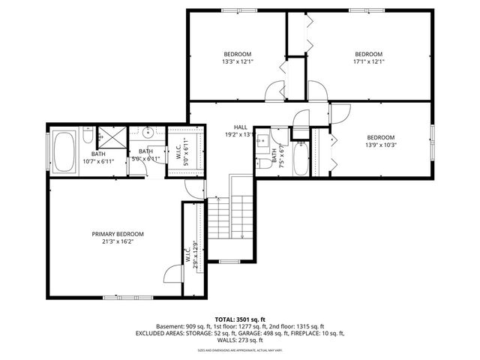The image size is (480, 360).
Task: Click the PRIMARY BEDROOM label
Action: [x=118, y=234]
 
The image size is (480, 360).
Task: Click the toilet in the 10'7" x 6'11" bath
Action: [x=88, y=139]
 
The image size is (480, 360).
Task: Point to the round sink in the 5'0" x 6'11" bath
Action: [x=148, y=134]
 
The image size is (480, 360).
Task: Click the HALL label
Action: [x=240, y=127]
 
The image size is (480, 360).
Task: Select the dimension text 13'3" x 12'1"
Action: [x=237, y=63]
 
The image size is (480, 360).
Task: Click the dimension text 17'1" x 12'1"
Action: [x=368, y=63]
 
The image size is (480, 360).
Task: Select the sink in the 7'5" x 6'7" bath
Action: [x=263, y=140]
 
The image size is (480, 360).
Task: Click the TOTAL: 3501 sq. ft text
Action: [x=240, y=319]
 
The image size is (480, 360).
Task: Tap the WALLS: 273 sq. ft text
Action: [x=240, y=340]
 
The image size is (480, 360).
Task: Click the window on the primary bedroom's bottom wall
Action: [x=119, y=296]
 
